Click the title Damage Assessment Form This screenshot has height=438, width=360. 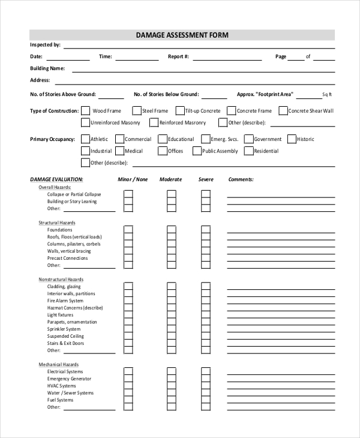pyautogui.click(x=182, y=35)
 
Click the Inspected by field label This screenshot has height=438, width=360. pyautogui.click(x=45, y=45)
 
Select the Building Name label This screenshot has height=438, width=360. pyautogui.click(x=47, y=68)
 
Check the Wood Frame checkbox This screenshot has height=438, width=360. pyautogui.click(x=86, y=111)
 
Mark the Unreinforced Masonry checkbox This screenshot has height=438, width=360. pyautogui.click(x=86, y=123)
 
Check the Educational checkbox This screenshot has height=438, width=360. pyautogui.click(x=162, y=139)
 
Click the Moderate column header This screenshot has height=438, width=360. pyautogui.click(x=171, y=179)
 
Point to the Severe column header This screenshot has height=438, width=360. pyautogui.click(x=206, y=179)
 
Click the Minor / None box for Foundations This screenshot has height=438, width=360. pyautogui.click(x=128, y=230)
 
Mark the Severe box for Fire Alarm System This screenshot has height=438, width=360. pyautogui.click(x=206, y=301)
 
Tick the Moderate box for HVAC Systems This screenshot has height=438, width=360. pyautogui.click(x=171, y=386)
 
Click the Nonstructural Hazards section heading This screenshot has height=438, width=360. pyautogui.click(x=61, y=280)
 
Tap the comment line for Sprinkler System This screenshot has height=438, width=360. pyautogui.click(x=281, y=329)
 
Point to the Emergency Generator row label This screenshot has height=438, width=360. pyautogui.click(x=69, y=379)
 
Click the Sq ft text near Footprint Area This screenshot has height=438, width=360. pyautogui.click(x=326, y=95)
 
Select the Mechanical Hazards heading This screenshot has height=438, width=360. pyautogui.click(x=59, y=365)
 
